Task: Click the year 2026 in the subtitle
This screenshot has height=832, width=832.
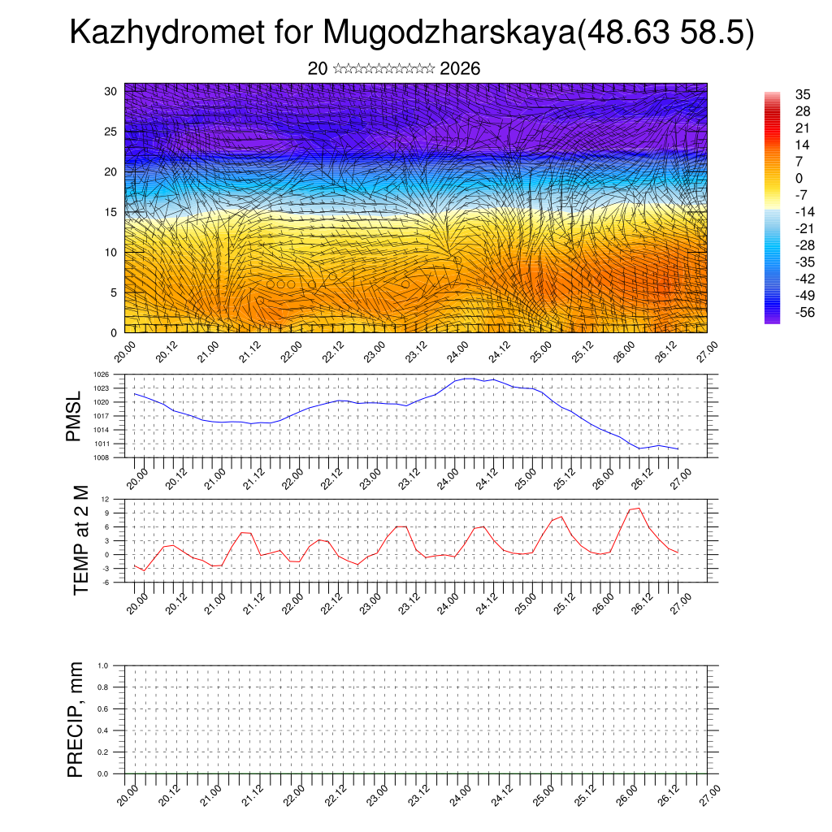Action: (460, 69)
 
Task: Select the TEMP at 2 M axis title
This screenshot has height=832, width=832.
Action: (80, 541)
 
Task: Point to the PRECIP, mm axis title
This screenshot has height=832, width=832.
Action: (76, 720)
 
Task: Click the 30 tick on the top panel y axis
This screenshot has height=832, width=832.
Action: (110, 91)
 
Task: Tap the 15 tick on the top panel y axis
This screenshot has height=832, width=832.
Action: (110, 212)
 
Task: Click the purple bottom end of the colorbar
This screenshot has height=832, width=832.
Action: (772, 319)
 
